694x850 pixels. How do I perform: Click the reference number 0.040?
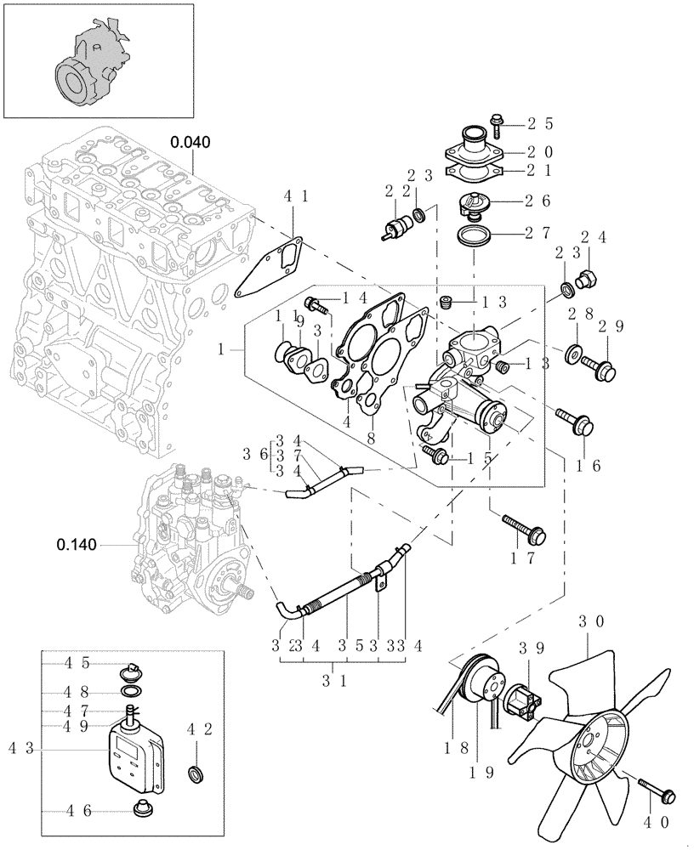click(190, 142)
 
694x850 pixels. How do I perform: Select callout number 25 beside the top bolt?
click(540, 123)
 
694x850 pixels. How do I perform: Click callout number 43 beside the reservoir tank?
click(20, 748)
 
